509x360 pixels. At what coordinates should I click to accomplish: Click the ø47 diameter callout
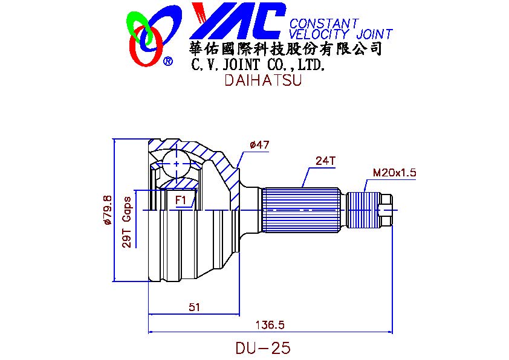click(x=259, y=145)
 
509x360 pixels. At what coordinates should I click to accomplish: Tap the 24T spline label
click(x=325, y=161)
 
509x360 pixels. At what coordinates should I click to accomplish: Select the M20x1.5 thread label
click(x=394, y=173)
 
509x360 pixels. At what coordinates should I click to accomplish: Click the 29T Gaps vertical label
click(x=128, y=222)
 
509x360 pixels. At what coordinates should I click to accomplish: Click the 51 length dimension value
click(x=194, y=307)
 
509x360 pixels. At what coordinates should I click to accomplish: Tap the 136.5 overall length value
click(x=270, y=324)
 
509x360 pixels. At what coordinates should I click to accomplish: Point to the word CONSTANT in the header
click(x=324, y=24)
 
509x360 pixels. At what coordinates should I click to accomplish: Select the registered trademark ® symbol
click(x=168, y=60)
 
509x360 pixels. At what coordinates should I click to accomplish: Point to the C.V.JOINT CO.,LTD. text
click(x=258, y=64)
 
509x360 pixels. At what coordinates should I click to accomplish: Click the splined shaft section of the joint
click(x=300, y=210)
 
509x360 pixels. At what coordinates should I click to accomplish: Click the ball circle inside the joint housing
click(x=176, y=164)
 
